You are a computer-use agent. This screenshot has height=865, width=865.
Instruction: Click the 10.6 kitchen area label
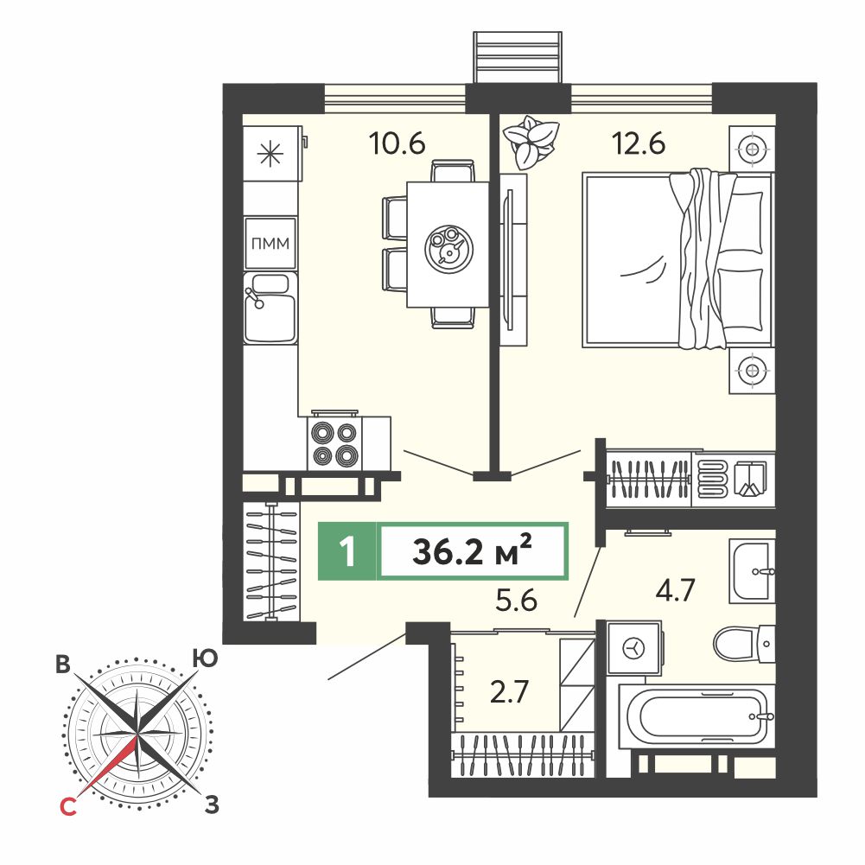(398, 143)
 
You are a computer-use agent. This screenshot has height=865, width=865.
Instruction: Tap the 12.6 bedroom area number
(639, 143)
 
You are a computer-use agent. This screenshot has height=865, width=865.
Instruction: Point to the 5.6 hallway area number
(517, 601)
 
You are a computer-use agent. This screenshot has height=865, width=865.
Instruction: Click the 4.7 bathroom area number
(675, 589)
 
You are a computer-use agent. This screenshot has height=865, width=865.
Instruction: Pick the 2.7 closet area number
(510, 692)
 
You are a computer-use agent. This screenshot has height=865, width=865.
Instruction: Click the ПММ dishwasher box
(270, 244)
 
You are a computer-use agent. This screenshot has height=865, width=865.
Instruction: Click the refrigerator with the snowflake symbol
(272, 153)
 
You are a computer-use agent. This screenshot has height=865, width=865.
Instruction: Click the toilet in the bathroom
(744, 644)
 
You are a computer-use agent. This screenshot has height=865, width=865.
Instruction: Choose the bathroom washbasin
(752, 571)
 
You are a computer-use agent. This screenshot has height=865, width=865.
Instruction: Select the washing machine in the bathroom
(634, 647)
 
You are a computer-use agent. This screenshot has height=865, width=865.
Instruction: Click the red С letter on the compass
(67, 807)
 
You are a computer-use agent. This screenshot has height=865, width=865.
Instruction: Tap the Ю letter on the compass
(205, 658)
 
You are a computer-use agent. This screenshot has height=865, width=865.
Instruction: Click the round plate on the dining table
(448, 249)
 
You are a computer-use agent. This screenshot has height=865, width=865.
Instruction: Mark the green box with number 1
(347, 551)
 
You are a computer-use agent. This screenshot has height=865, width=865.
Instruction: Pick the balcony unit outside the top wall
(518, 57)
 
